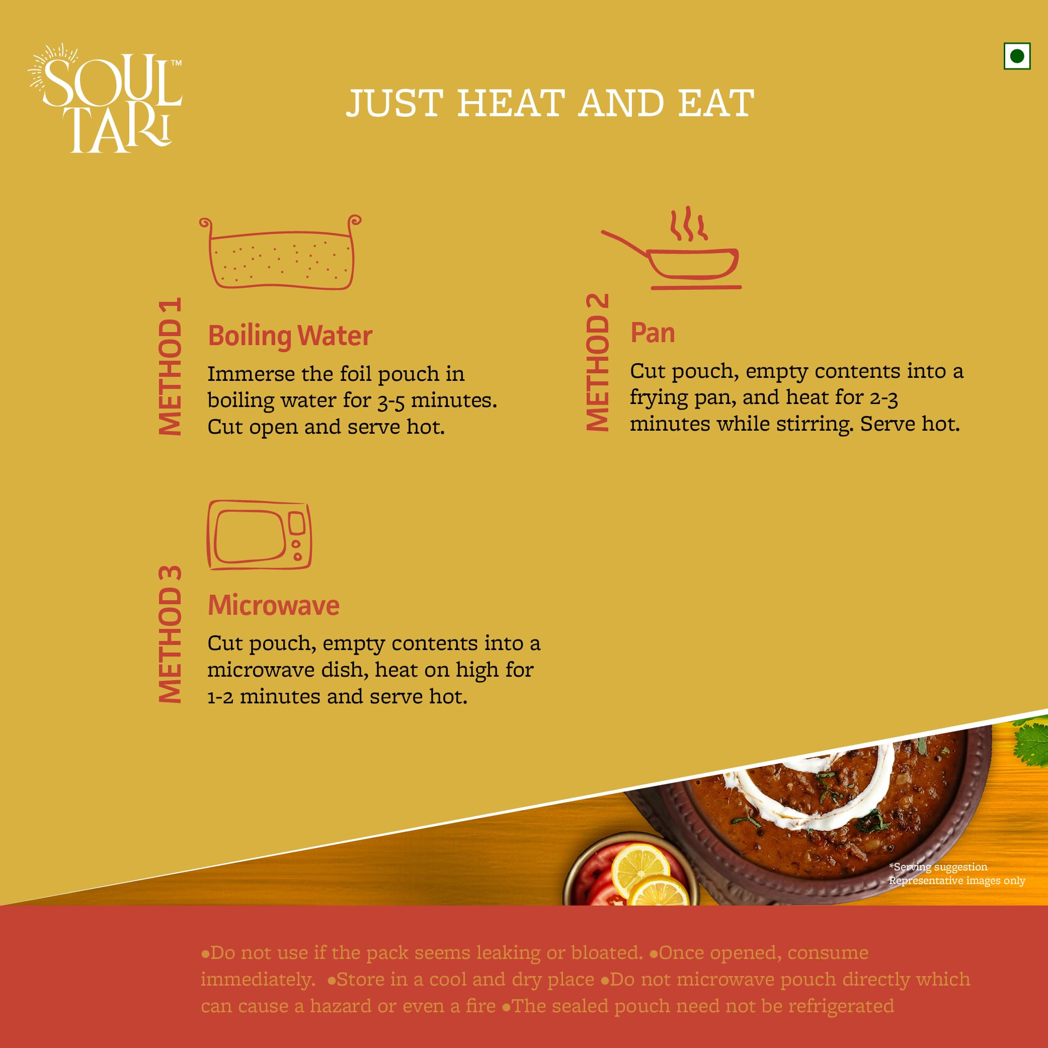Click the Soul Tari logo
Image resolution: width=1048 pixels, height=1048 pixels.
coord(105,98)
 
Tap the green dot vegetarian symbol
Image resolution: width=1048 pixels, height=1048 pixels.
coord(1017,56)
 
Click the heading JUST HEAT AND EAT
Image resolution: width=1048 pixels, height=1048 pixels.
coord(550,103)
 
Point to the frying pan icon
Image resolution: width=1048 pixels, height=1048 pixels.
coord(671,248)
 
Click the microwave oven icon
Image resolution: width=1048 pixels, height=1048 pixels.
coord(259,535)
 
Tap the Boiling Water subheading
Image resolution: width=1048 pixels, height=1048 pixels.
coord(290,336)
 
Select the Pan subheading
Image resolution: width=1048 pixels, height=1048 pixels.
coord(653,333)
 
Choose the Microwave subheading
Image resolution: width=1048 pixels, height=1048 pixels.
coord(274,605)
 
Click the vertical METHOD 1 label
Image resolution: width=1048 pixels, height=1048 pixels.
coord(170,366)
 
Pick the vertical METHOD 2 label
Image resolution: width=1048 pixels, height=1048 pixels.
coord(598,362)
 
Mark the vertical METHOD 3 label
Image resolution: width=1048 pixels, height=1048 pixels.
coord(170,634)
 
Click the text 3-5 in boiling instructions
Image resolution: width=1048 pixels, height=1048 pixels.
coord(390,401)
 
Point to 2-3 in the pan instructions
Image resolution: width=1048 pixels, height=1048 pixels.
coord(883,398)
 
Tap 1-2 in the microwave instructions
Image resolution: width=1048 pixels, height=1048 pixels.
coord(220,697)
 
